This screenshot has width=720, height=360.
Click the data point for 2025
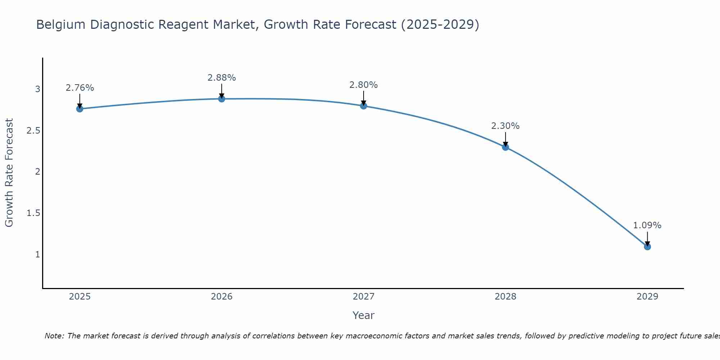[x=80, y=109]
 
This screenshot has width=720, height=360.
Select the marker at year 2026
[x=222, y=99]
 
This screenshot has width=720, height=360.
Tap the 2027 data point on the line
[x=364, y=105]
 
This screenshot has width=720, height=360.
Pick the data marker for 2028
[x=505, y=147]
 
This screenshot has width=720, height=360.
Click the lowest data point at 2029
[x=647, y=247]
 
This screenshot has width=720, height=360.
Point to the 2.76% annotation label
[x=80, y=88]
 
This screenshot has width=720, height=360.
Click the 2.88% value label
[x=222, y=78]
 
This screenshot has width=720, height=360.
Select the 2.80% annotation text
[x=364, y=85]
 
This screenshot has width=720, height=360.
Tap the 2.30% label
[x=505, y=126]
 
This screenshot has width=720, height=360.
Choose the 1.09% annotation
[x=647, y=225]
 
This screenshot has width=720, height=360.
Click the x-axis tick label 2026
[x=222, y=297]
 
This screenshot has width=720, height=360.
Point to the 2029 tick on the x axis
[x=647, y=297]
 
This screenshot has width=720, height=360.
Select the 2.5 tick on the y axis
[x=33, y=131]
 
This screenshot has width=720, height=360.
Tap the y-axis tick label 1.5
[x=33, y=213]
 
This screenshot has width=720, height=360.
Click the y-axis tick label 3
[x=37, y=89]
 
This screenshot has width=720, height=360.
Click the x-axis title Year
[x=363, y=315]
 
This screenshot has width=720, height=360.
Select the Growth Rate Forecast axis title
[x=9, y=173]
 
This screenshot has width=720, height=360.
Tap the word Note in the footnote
[x=54, y=336]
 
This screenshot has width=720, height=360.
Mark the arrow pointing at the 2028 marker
[x=505, y=139]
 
